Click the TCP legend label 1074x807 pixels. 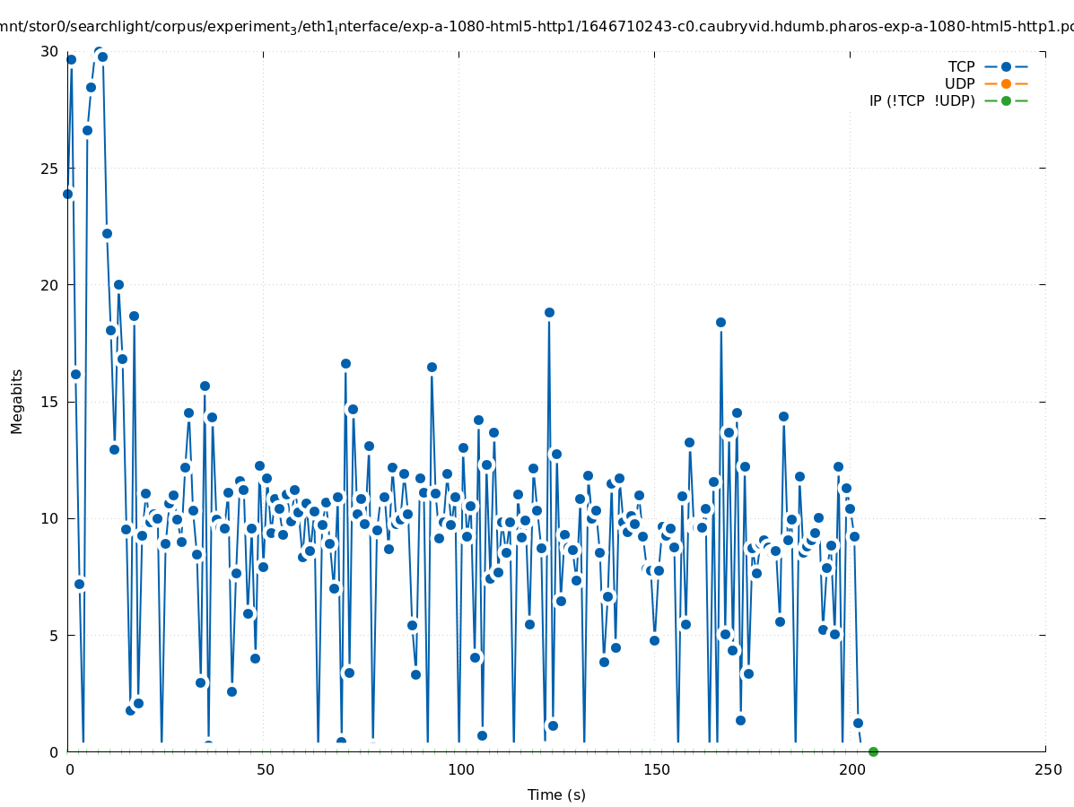click(x=961, y=67)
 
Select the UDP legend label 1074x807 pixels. click(x=959, y=84)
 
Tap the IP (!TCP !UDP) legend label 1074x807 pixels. click(x=921, y=101)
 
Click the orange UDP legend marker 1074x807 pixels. click(x=1006, y=84)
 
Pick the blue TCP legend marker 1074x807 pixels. click(x=1006, y=67)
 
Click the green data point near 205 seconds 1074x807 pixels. click(x=873, y=751)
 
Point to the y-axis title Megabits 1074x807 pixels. click(x=17, y=401)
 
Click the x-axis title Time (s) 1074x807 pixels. click(x=556, y=794)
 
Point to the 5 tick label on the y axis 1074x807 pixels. click(x=55, y=635)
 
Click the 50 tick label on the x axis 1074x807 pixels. click(x=265, y=769)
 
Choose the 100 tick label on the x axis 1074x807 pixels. click(x=459, y=769)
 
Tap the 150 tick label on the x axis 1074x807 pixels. click(x=655, y=769)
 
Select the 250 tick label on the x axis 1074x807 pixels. click(x=1046, y=769)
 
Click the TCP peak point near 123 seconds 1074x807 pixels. click(x=549, y=313)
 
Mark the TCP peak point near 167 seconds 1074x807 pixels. click(x=720, y=322)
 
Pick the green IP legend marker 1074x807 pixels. click(x=1006, y=101)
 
